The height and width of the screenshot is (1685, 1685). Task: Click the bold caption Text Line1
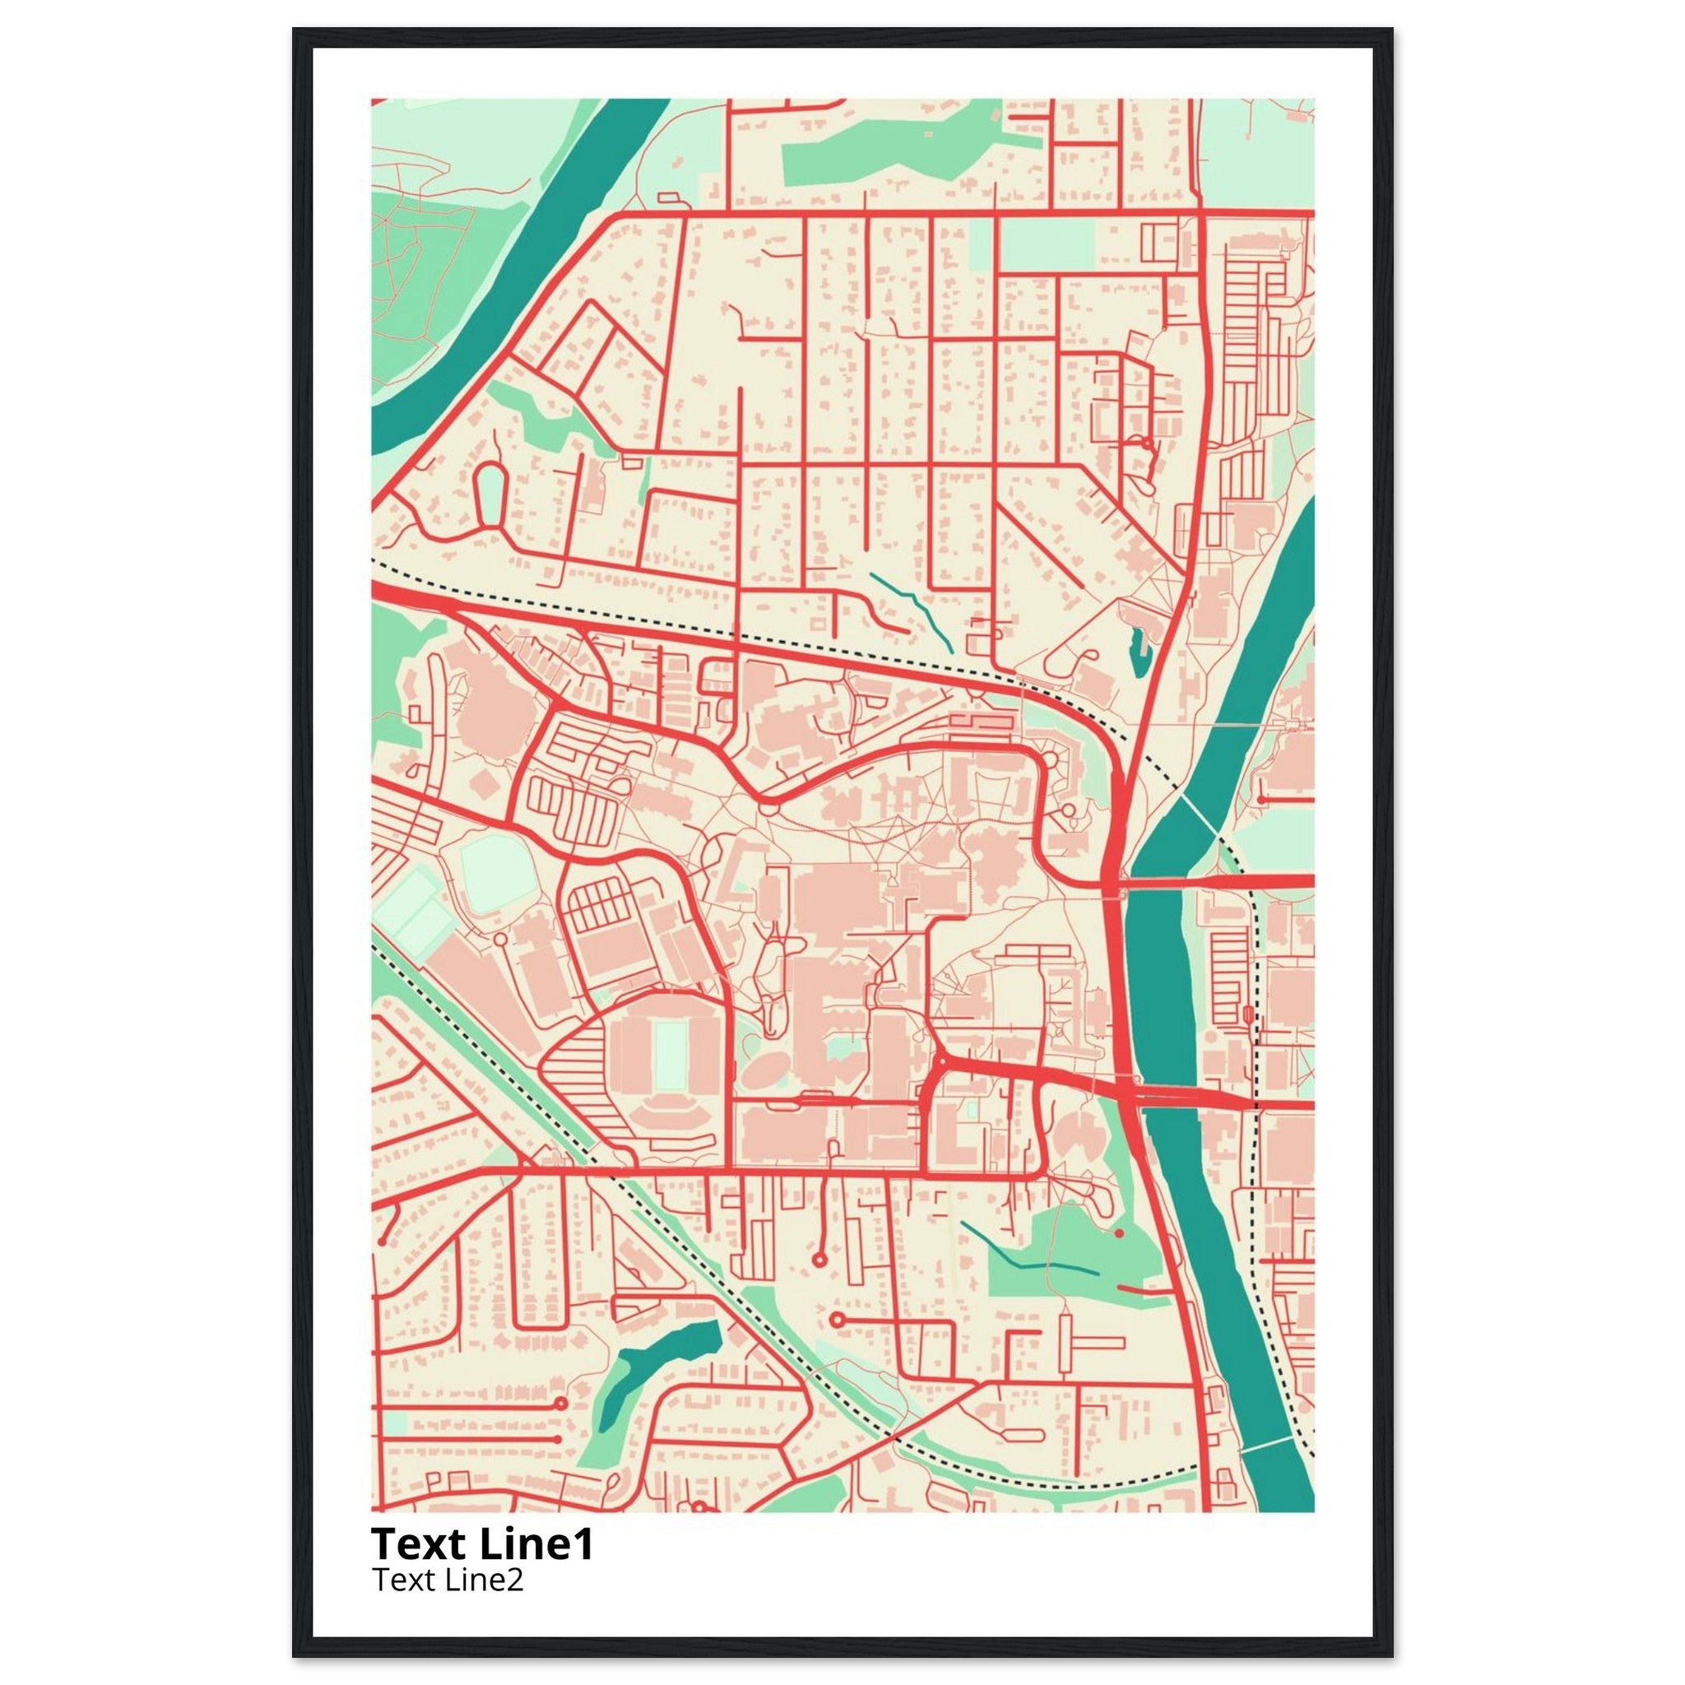pyautogui.click(x=482, y=1544)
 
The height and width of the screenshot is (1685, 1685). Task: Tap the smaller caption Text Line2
pyautogui.click(x=448, y=1580)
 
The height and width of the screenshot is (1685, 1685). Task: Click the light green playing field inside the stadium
pyautogui.click(x=670, y=1056)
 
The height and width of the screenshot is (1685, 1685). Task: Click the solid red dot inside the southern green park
pyautogui.click(x=1119, y=1233)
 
